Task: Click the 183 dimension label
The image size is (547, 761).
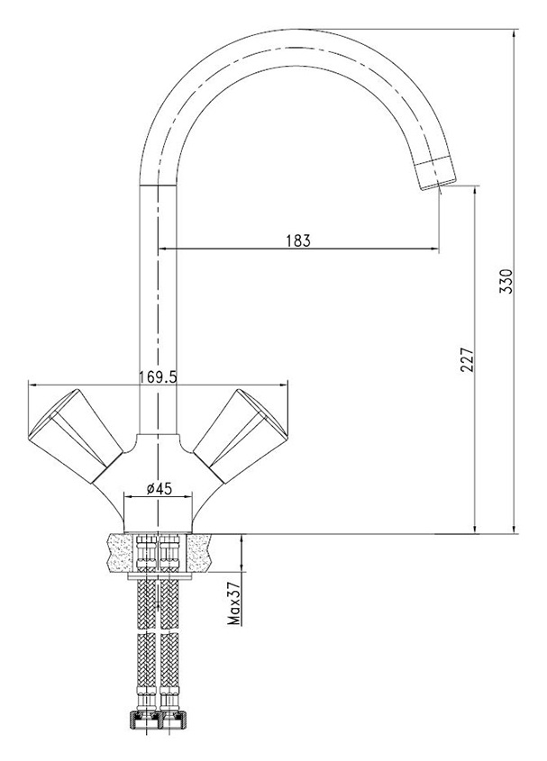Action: [298, 240]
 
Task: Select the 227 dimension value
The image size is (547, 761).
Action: [467, 359]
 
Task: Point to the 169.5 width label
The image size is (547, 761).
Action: [159, 376]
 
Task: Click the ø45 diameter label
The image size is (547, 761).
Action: [159, 489]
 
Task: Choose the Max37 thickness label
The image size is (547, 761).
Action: [234, 604]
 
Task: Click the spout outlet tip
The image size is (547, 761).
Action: [439, 185]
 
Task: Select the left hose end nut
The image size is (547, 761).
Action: [144, 726]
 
